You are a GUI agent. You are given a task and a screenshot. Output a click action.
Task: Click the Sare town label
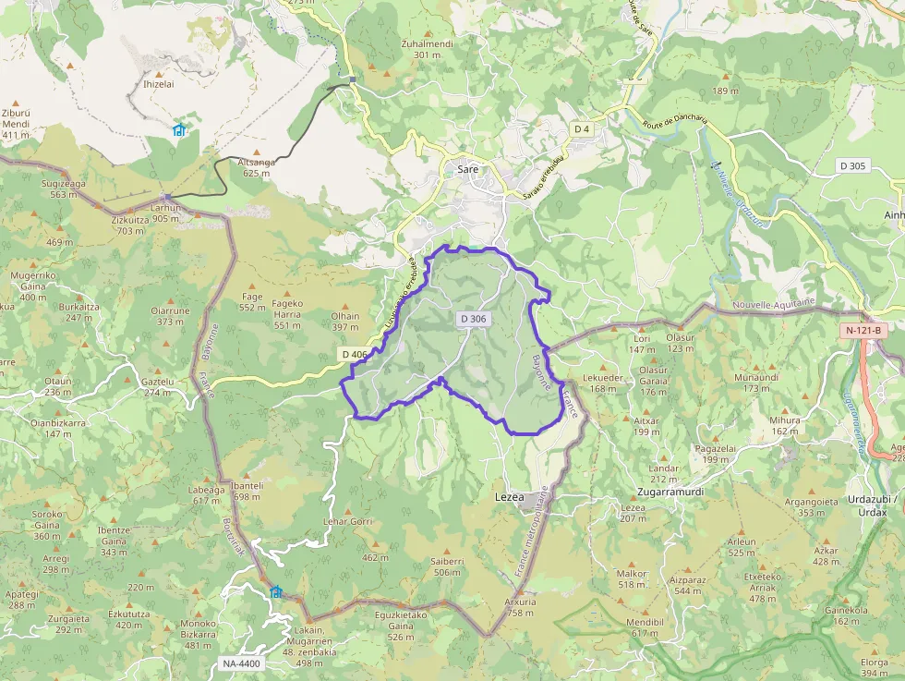[x=467, y=170]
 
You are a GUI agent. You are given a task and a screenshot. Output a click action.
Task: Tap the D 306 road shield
[x=472, y=319]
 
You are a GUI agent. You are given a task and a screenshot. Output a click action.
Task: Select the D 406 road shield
[x=354, y=354]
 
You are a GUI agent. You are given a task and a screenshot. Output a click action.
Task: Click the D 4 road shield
[x=581, y=129]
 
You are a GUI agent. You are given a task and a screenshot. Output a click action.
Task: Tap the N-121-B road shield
[x=863, y=330]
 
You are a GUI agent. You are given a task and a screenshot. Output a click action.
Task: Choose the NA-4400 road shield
[x=242, y=663]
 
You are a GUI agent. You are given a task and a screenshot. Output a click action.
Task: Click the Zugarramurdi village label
[x=670, y=492]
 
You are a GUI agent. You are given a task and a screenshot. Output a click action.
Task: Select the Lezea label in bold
[x=510, y=496]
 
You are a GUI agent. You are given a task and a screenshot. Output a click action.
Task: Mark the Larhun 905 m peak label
[x=166, y=213]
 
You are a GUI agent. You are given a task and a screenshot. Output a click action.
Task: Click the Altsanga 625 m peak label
[x=257, y=167]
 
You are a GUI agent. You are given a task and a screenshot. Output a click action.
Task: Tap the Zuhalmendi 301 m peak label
[x=427, y=49]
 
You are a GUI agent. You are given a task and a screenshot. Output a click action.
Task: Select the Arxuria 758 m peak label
[x=520, y=607]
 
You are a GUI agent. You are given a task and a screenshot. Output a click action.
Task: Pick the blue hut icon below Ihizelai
[x=179, y=130]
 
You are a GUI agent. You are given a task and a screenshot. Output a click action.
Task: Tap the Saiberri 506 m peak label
[x=447, y=566]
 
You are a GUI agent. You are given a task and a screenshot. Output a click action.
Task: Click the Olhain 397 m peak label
[x=345, y=321]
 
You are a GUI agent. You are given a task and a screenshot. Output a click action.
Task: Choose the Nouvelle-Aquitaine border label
[x=774, y=302]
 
